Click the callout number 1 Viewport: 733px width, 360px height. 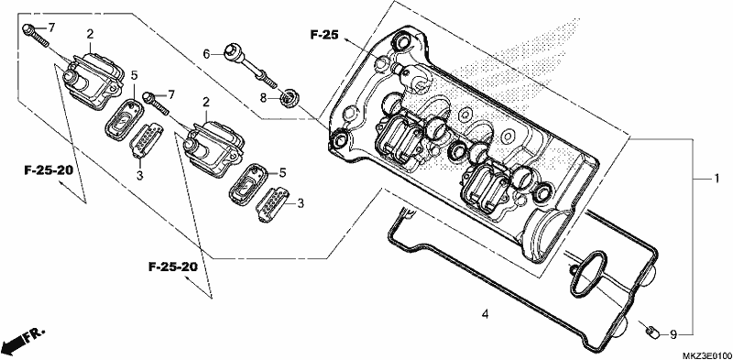(x=716, y=179)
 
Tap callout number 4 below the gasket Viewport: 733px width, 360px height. (x=486, y=314)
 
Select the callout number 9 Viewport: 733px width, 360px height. (x=673, y=334)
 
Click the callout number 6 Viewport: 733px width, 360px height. (x=207, y=55)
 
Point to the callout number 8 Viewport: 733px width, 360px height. (x=263, y=99)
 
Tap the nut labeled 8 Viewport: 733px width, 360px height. (x=290, y=99)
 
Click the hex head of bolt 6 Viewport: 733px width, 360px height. (x=233, y=50)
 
